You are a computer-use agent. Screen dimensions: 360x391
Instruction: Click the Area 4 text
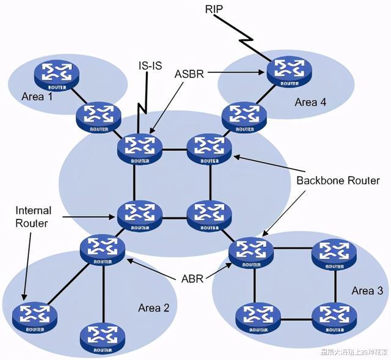point(310,102)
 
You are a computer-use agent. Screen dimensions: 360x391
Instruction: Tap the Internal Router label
point(33,217)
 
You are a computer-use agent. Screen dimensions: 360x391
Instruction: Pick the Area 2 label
point(153,307)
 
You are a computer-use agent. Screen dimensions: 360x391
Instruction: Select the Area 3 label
point(367,291)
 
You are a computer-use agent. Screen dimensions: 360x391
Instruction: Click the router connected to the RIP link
point(284,71)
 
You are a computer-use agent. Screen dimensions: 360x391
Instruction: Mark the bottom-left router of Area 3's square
point(254,317)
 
